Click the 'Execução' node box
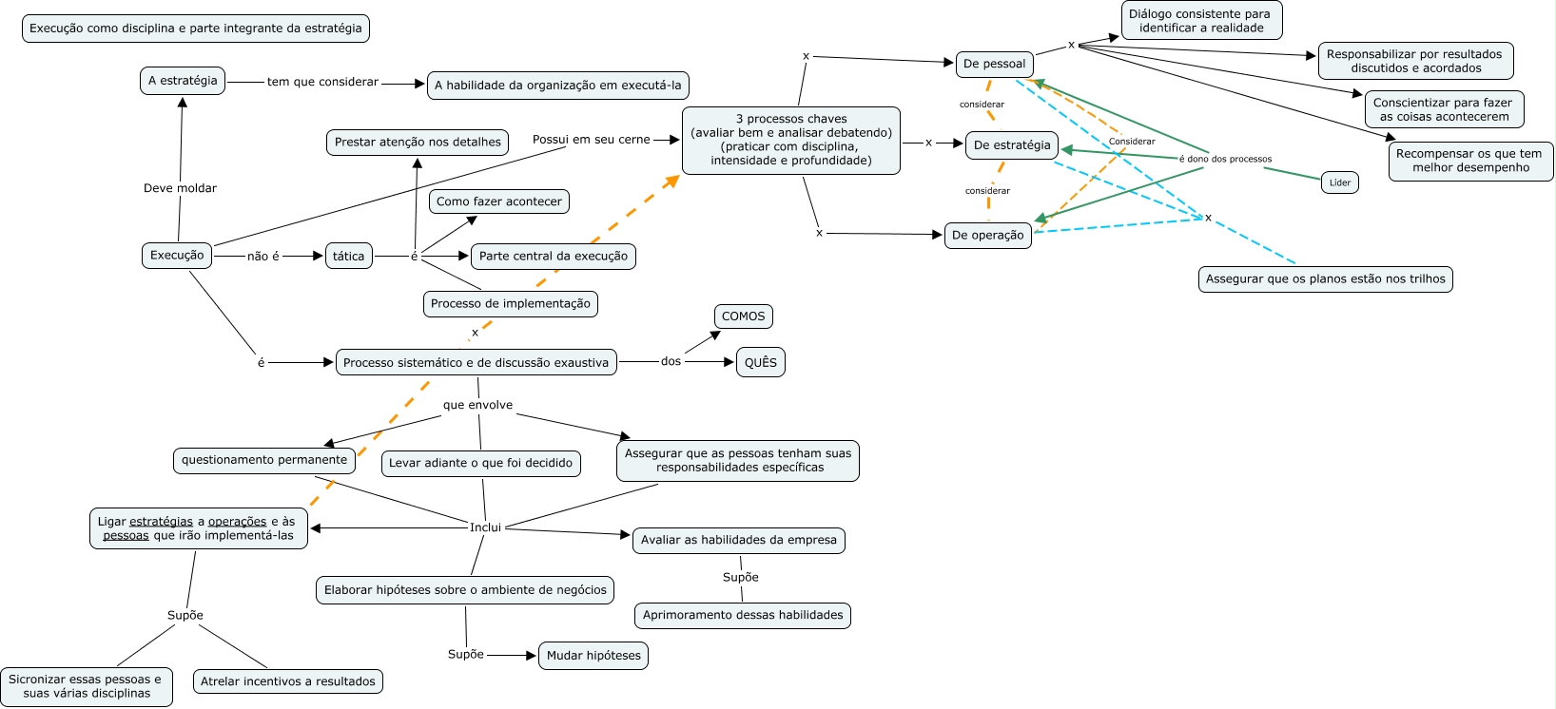[177, 256]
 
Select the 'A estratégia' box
[183, 81]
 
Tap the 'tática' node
[348, 257]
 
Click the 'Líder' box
[1339, 182]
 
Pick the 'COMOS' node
[743, 316]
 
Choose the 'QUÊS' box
[761, 362]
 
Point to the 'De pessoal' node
[994, 64]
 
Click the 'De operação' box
[987, 235]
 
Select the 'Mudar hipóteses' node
[593, 656]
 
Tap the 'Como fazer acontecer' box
[499, 201]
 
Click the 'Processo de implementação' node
[510, 304]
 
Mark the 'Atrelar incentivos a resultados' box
[288, 681]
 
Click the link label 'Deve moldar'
[180, 188]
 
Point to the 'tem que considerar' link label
[322, 82]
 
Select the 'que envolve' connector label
[477, 405]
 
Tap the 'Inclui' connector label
[485, 527]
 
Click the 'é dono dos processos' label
[1225, 159]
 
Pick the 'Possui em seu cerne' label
[591, 140]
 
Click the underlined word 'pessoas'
[126, 536]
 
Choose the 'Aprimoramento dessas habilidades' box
[743, 616]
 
